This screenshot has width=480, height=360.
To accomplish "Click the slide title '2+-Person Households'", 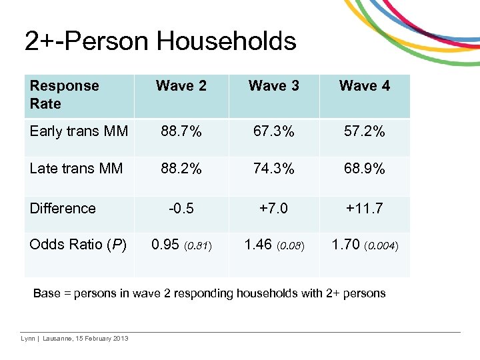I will point(160,41).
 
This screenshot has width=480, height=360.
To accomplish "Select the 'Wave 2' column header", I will point(181,85).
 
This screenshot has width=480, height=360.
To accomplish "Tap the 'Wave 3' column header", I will point(273,85).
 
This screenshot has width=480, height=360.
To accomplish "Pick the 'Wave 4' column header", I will point(365,85).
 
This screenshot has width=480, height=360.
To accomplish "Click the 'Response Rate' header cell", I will point(64,95).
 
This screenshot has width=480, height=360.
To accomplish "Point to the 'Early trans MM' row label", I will point(79,131).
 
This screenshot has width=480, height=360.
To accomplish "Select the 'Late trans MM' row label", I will point(76,169).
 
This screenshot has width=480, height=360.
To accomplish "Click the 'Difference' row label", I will point(63,208).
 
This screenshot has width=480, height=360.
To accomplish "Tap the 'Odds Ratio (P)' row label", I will point(78,245).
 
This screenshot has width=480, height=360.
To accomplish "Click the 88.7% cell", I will point(181,131).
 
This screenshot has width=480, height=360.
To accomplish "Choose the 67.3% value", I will point(273,131).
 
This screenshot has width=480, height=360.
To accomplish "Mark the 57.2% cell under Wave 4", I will point(365,131).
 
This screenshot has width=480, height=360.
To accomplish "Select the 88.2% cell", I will point(181,169).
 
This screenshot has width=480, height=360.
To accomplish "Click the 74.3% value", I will point(273,169).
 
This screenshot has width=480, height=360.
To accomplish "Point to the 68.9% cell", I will point(365,169).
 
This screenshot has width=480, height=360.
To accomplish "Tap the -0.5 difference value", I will point(181,208).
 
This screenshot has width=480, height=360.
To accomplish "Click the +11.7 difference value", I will point(365,208).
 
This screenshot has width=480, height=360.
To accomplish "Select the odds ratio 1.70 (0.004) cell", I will point(365,245).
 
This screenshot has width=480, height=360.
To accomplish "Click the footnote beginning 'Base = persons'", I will point(209,293).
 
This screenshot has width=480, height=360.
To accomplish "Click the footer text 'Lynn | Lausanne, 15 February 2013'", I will point(75,339).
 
